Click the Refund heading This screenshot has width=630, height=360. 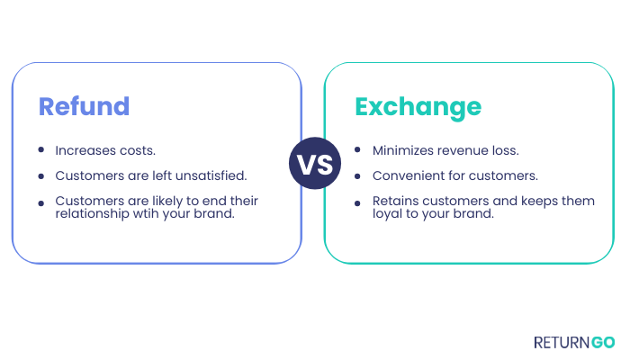(84, 106)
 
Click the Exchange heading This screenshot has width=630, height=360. (418, 109)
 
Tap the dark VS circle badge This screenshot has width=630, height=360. (315, 163)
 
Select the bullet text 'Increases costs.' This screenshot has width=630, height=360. (105, 150)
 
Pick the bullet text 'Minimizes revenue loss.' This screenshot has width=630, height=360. (445, 150)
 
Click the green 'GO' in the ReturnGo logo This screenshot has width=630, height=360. (603, 343)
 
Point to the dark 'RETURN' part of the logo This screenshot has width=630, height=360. (562, 343)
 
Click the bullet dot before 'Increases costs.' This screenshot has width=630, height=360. (41, 150)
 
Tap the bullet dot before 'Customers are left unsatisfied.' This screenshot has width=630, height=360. (41, 176)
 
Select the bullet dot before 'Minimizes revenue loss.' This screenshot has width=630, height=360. (357, 150)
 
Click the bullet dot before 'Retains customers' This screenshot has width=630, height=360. (357, 203)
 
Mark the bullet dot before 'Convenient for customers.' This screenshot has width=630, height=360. (357, 176)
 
